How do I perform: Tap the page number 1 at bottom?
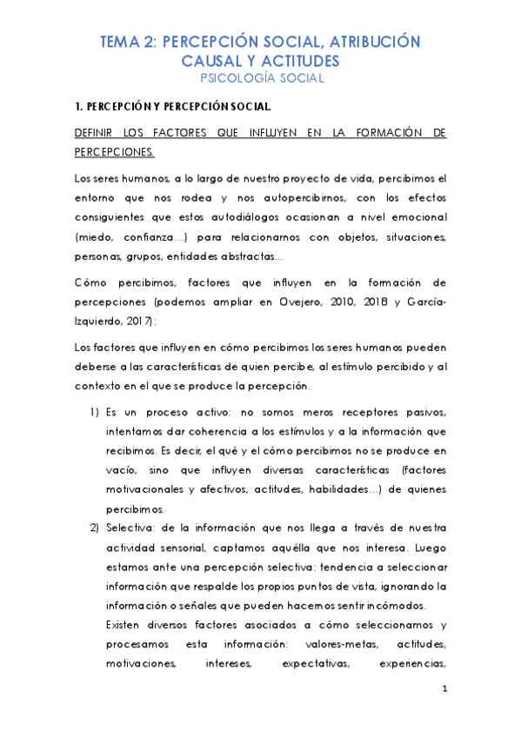444,689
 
